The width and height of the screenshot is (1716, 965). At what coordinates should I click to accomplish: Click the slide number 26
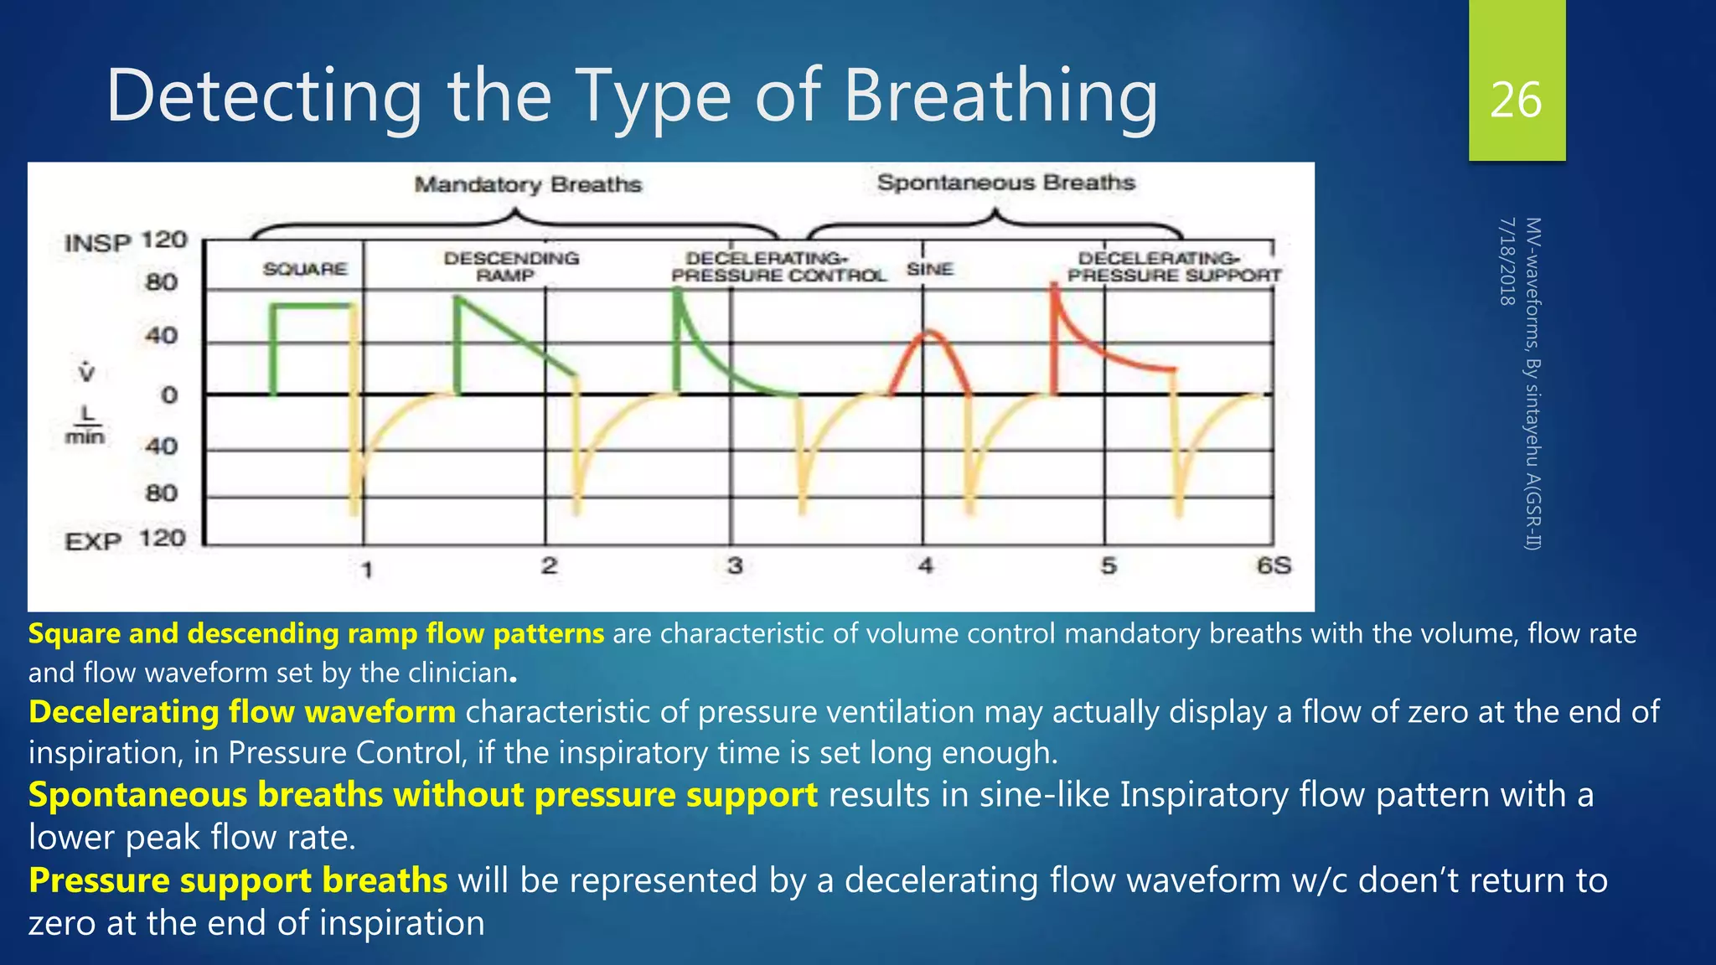click(1516, 101)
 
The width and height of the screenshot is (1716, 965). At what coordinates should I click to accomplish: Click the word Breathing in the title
click(1000, 96)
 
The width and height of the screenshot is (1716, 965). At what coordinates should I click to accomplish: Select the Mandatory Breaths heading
click(528, 184)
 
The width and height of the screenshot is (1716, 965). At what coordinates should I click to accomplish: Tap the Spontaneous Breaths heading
click(1005, 183)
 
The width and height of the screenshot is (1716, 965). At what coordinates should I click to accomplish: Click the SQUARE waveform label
click(305, 269)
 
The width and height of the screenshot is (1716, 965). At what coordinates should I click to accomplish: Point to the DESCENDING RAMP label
click(511, 266)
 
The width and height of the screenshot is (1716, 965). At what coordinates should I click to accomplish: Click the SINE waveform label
click(930, 269)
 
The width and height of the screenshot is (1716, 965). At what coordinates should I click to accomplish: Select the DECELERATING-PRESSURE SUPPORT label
click(1173, 266)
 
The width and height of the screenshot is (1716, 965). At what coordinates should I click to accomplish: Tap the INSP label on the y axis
click(98, 243)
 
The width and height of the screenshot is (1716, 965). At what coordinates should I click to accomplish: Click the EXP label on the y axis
click(93, 541)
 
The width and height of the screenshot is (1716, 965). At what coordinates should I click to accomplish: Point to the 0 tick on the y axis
click(169, 395)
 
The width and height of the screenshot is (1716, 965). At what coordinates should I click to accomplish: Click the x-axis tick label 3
click(735, 565)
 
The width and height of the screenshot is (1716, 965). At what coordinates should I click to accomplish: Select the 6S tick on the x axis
click(1274, 565)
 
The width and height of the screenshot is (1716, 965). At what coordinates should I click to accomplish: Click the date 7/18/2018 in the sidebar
click(1507, 261)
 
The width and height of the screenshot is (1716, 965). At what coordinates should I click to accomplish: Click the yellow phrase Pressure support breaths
click(238, 880)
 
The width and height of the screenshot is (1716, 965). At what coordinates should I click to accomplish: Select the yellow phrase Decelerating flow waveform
click(242, 712)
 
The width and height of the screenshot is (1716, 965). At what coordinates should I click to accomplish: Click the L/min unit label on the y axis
click(85, 425)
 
